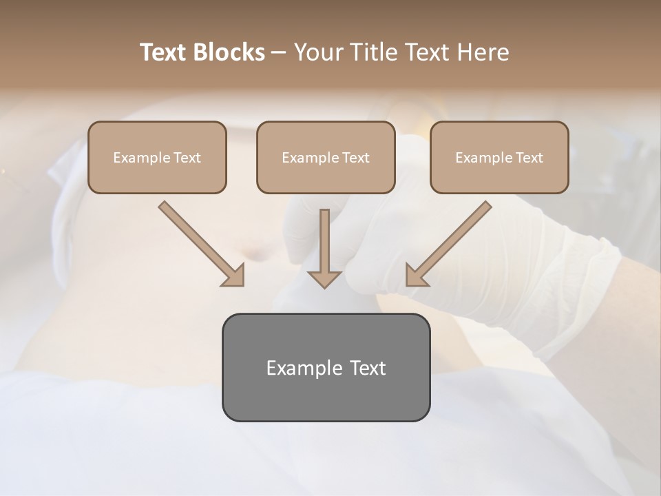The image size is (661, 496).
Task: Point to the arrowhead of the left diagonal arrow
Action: pyautogui.click(x=235, y=276)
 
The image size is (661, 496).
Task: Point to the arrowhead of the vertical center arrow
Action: pyautogui.click(x=324, y=280)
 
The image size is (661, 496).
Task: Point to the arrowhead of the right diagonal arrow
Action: pyautogui.click(x=415, y=276)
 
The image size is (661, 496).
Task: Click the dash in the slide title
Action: pyautogui.click(x=278, y=52)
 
